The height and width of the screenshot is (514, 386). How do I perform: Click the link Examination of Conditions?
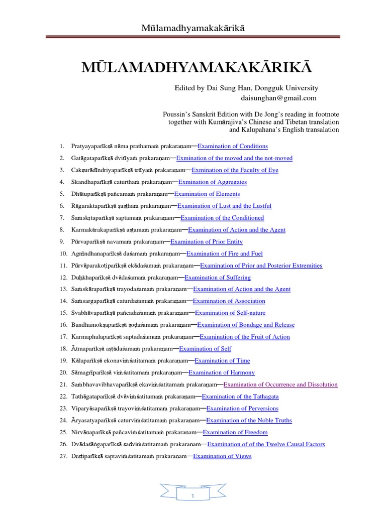pyautogui.click(x=233, y=146)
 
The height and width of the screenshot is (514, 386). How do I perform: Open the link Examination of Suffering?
pyautogui.click(x=218, y=277)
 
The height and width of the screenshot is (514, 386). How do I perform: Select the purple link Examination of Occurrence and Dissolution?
pyautogui.click(x=280, y=384)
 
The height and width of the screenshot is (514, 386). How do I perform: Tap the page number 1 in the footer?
pyautogui.click(x=192, y=496)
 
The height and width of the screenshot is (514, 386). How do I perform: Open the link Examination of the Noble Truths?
pyautogui.click(x=249, y=420)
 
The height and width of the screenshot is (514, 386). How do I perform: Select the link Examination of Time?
pyautogui.click(x=222, y=360)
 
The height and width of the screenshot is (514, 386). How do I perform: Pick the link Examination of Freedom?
pyautogui.click(x=235, y=432)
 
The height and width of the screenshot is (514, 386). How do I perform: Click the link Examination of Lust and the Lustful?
pyautogui.click(x=224, y=206)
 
